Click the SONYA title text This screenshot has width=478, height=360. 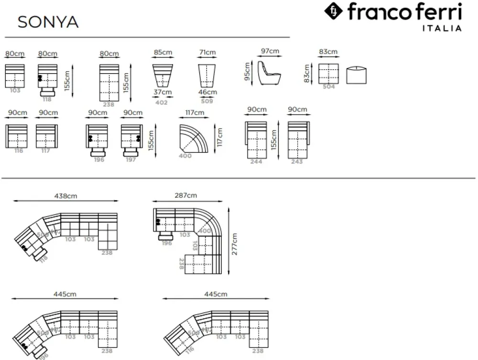(x=48, y=22)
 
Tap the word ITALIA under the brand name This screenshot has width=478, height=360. (x=442, y=28)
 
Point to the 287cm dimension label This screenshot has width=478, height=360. (x=185, y=196)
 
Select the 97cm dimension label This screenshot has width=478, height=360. (x=270, y=51)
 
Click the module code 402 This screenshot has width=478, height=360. (x=162, y=102)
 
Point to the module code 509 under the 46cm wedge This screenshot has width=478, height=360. (x=207, y=101)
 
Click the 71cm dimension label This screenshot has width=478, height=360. (x=207, y=52)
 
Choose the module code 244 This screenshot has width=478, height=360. (x=256, y=162)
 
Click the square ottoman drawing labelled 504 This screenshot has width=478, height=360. (x=328, y=74)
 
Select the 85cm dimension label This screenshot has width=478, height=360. (x=163, y=52)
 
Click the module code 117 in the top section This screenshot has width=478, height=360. (x=46, y=151)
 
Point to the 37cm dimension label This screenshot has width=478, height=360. (x=163, y=92)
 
